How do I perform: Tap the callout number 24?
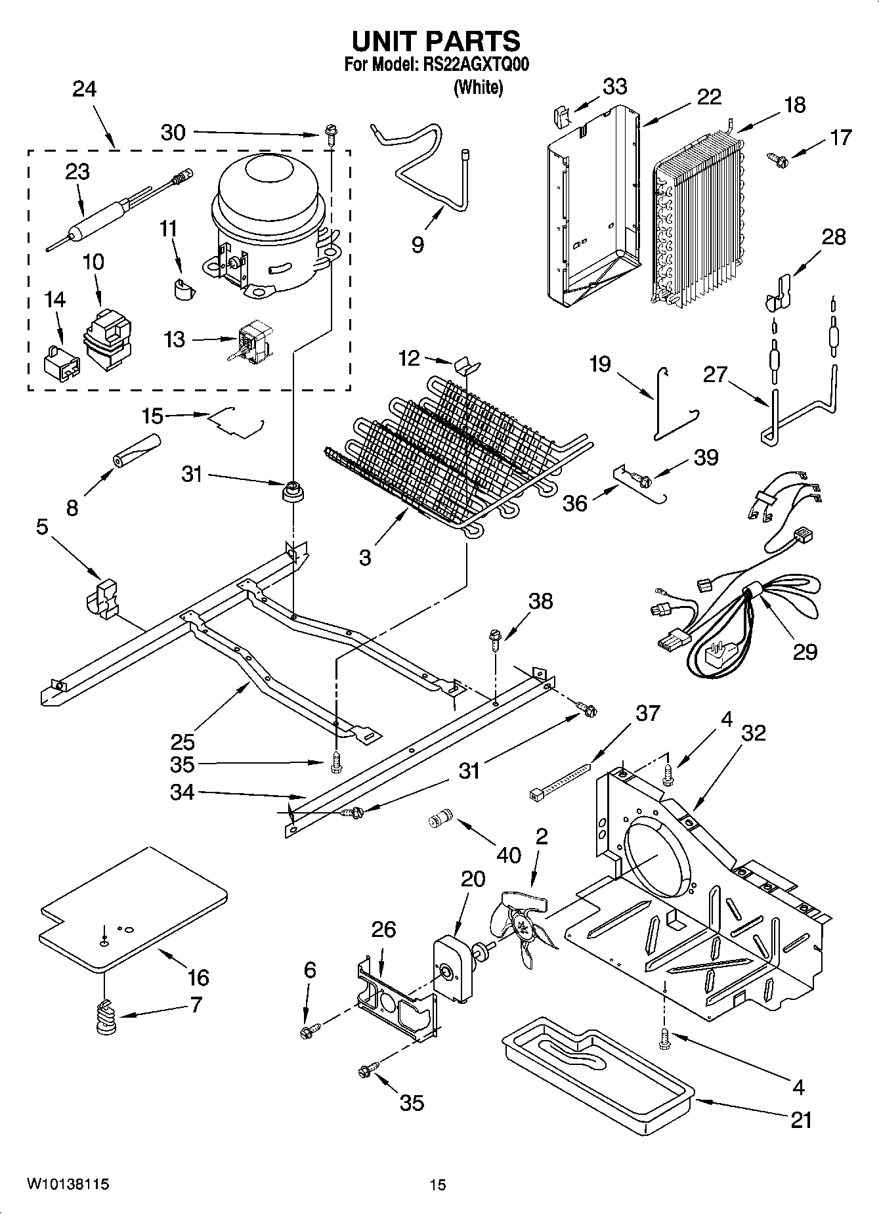(x=84, y=89)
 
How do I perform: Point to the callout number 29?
(x=805, y=651)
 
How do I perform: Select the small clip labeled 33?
(x=560, y=117)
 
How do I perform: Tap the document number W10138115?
(x=68, y=1184)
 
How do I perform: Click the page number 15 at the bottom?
(x=438, y=1184)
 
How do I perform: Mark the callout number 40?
(x=508, y=854)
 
